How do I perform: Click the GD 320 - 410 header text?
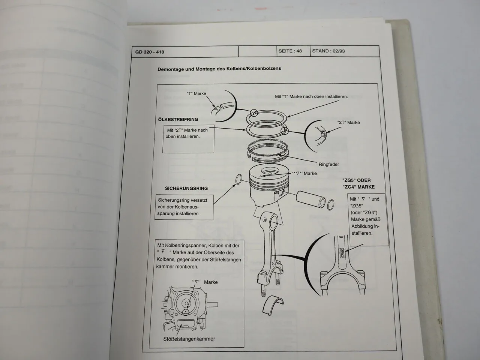(150, 52)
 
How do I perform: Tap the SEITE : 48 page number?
(290, 51)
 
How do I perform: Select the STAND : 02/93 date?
(328, 51)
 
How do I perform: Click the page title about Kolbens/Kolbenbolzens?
(219, 69)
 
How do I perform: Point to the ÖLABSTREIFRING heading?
(178, 119)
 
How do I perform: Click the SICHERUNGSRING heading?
(186, 188)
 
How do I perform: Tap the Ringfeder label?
(328, 164)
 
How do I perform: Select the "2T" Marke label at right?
(348, 122)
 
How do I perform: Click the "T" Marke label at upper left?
(196, 93)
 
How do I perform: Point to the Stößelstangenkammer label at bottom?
(189, 339)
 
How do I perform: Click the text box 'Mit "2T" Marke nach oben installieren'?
(188, 133)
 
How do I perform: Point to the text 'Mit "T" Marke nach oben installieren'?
(311, 96)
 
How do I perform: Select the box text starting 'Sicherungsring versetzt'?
(184, 207)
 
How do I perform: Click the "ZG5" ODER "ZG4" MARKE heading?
(358, 183)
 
